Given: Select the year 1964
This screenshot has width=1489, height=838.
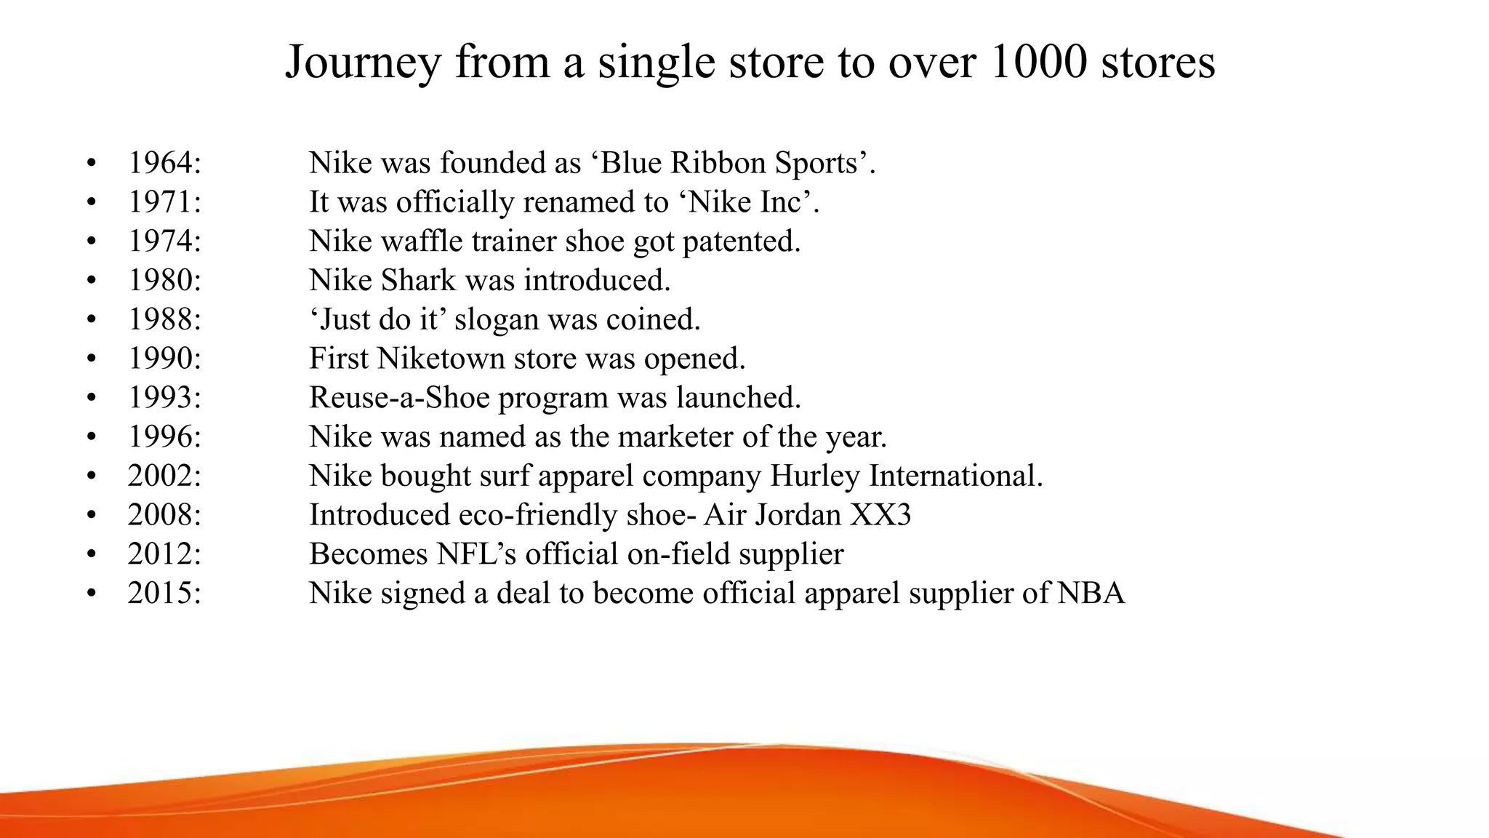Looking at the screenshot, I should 164,163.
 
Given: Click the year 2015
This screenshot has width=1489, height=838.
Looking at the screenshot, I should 164,594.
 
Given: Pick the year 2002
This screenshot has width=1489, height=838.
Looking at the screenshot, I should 164,476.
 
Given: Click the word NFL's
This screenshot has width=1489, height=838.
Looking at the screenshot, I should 476,554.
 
